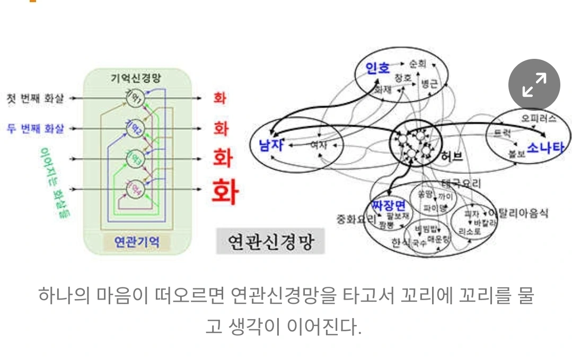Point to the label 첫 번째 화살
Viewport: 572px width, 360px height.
(36, 98)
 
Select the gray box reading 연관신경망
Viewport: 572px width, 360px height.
(270, 242)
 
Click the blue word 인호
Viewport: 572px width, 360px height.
(378, 68)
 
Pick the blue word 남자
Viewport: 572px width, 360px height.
(271, 145)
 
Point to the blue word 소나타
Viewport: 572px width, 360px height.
(545, 147)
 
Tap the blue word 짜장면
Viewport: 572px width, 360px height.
(388, 205)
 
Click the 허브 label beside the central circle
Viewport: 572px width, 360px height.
(452, 157)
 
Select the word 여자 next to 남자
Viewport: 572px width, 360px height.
(319, 144)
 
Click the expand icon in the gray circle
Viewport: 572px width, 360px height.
(534, 85)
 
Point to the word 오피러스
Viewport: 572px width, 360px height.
(539, 118)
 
